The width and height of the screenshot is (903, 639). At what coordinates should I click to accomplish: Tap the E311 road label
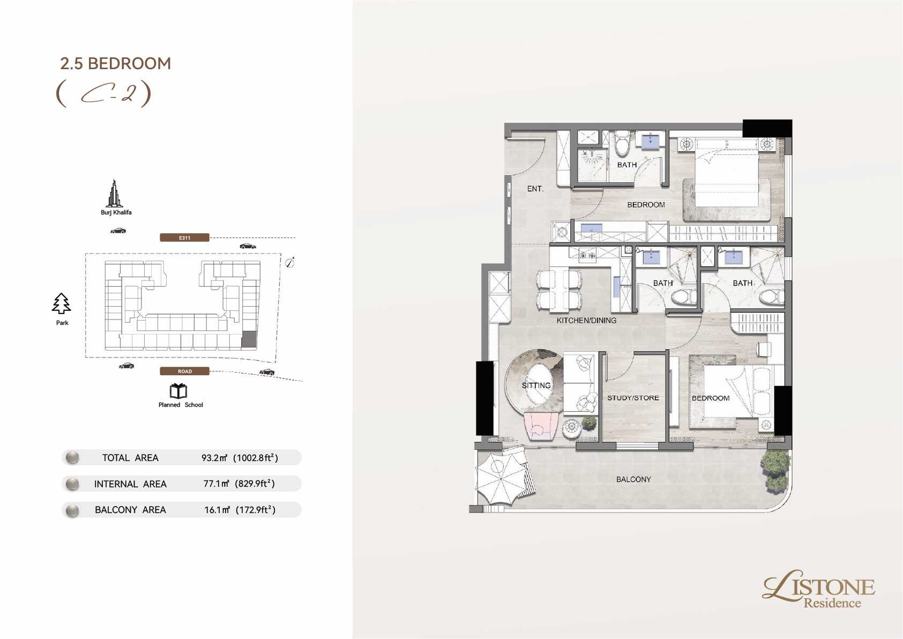click(x=185, y=238)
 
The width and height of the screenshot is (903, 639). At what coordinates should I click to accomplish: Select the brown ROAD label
click(x=185, y=371)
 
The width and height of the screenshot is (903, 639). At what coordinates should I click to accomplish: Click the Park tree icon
click(x=61, y=303)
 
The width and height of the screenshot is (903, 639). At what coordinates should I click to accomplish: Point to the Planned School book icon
click(x=178, y=391)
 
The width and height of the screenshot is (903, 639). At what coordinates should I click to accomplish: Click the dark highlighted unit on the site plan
click(x=249, y=339)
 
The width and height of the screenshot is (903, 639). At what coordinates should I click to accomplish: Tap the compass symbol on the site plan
click(x=289, y=263)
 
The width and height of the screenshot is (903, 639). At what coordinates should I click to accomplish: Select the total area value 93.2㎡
click(x=214, y=458)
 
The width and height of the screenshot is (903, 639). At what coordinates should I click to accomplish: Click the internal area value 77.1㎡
click(x=217, y=484)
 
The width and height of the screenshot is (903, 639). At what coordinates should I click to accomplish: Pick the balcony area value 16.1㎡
click(x=217, y=510)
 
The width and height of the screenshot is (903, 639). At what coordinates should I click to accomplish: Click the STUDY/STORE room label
click(x=633, y=398)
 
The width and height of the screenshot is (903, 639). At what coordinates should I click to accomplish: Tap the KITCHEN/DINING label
click(x=586, y=321)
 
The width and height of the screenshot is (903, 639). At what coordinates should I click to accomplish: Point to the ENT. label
click(x=535, y=189)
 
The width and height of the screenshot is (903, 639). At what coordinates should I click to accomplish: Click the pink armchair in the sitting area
click(x=541, y=426)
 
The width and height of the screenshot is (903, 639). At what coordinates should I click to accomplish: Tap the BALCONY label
click(x=633, y=479)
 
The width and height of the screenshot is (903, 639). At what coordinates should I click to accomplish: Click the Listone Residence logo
click(x=818, y=589)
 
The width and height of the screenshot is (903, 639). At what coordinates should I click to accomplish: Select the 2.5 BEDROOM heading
click(x=116, y=64)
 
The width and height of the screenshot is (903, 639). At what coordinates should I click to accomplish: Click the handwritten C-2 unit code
click(x=103, y=93)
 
